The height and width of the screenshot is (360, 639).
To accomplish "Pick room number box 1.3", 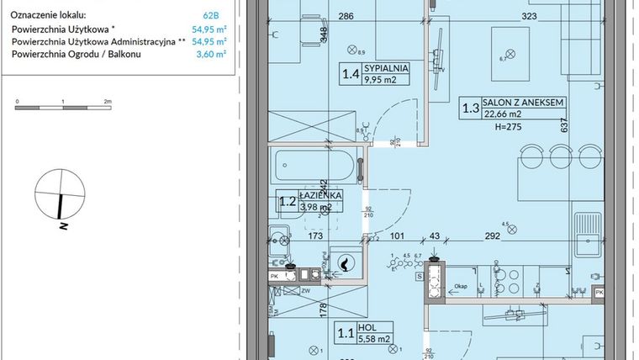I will coord(471,108).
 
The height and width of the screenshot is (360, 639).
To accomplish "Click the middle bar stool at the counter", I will coord(562,157).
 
